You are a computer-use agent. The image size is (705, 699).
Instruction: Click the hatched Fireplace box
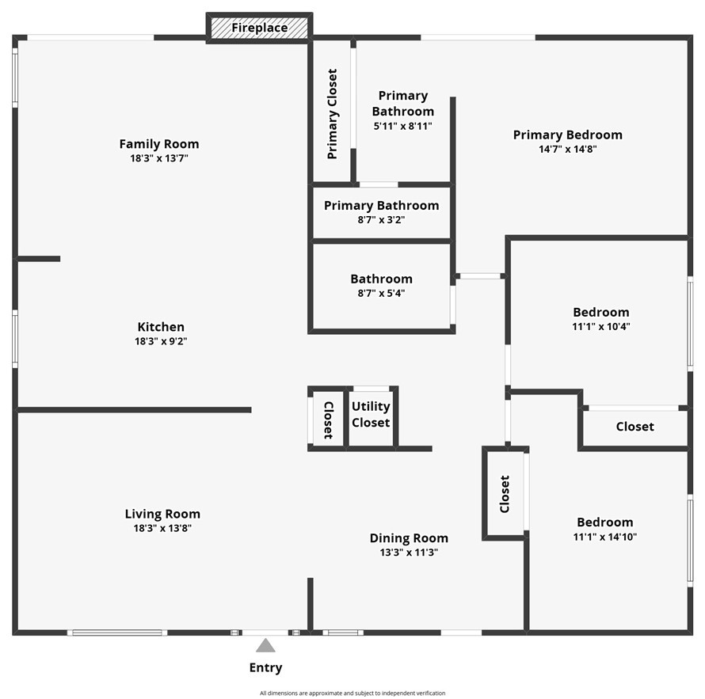(x=260, y=28)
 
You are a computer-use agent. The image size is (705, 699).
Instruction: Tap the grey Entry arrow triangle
(x=265, y=645)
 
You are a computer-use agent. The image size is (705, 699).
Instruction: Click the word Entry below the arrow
(x=265, y=667)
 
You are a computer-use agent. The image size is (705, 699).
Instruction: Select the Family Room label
(x=159, y=144)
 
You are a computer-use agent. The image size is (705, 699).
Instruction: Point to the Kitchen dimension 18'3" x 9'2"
(x=161, y=341)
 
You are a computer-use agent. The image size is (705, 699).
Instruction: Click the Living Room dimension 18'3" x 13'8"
(x=162, y=528)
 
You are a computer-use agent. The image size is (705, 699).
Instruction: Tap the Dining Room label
(x=409, y=538)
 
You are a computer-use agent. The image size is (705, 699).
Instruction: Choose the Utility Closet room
(x=371, y=417)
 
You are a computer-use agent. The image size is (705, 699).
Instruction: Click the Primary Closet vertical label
(x=332, y=114)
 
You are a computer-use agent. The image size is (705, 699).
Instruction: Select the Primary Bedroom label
(x=568, y=135)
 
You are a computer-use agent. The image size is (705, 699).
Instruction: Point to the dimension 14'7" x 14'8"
(x=568, y=149)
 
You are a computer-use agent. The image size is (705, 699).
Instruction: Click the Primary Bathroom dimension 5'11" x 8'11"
(x=403, y=126)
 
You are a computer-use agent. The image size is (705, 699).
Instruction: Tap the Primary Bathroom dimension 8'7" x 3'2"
(x=381, y=219)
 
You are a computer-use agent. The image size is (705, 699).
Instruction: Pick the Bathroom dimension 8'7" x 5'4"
(x=381, y=293)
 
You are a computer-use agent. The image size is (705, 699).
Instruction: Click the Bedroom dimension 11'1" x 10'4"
(x=601, y=326)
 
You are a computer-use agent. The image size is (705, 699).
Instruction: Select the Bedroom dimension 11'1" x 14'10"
(x=605, y=537)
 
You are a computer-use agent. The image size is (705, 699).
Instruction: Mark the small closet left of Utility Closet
(x=328, y=418)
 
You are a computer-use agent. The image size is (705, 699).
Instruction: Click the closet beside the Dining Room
(x=505, y=494)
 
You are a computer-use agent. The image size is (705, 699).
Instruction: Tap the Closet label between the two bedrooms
(x=634, y=427)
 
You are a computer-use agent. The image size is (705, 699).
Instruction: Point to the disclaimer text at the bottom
(x=352, y=693)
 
